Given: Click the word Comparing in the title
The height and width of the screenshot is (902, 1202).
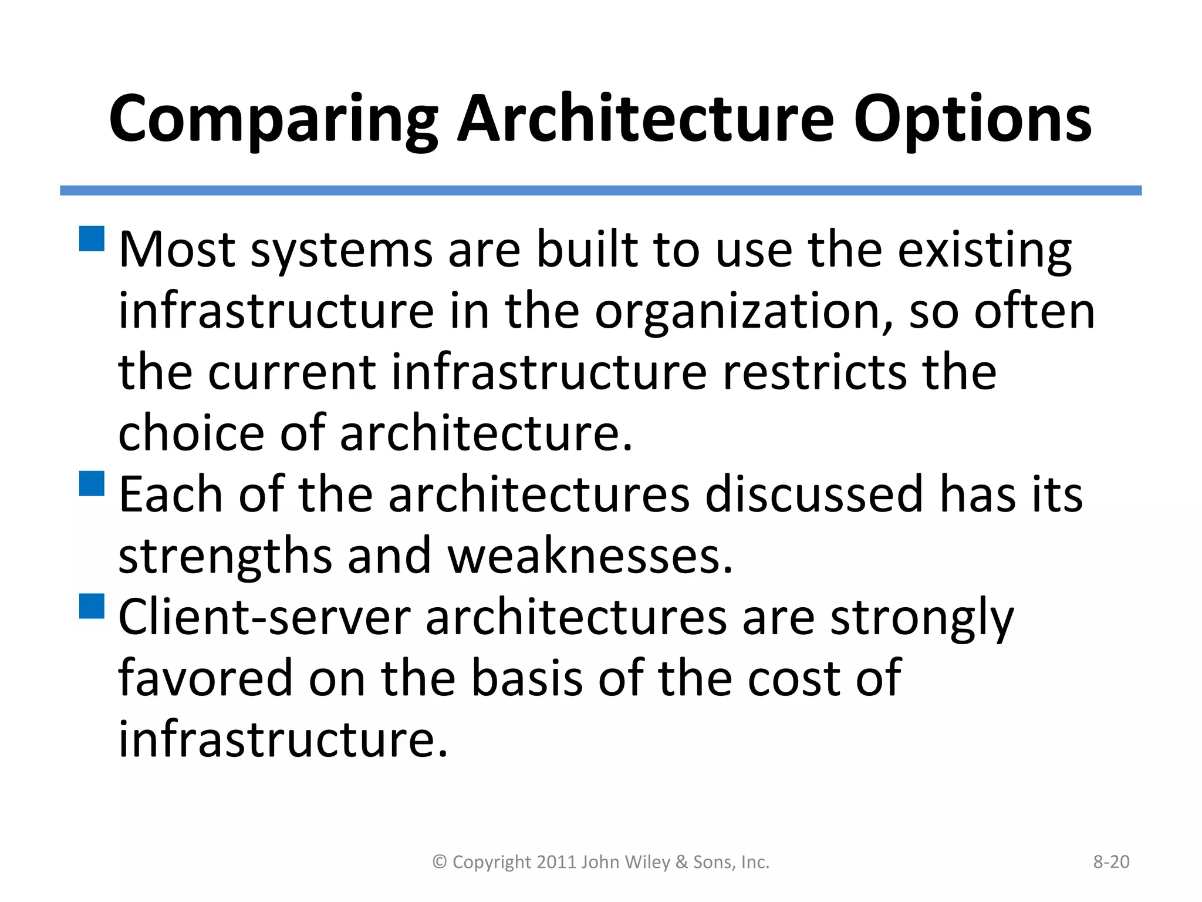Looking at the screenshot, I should pos(273,120).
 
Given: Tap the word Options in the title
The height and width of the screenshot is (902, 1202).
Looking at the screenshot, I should pos(972,120).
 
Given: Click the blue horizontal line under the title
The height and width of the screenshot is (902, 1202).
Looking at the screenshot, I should pos(600,190).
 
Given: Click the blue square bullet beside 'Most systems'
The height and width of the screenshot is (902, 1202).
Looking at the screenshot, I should pos(92,239).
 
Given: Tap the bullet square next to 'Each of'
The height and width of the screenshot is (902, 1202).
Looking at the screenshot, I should pos(92,483).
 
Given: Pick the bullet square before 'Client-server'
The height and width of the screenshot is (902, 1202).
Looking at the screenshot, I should pos(92,606).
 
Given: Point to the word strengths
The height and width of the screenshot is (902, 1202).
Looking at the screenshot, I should pos(225,557).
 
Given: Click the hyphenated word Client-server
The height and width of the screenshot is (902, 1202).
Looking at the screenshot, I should pos(265,618).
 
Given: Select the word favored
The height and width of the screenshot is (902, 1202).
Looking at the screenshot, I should pos(205,678).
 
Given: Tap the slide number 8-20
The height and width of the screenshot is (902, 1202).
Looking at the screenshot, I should pos(1111,861).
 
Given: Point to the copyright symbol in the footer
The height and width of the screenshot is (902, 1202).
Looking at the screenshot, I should pos(440,861).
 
